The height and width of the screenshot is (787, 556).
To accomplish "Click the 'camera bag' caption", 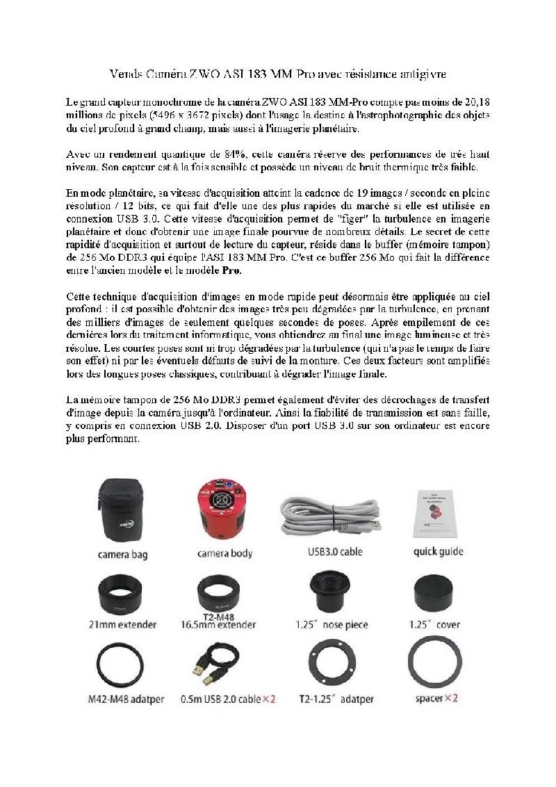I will coord(124,555).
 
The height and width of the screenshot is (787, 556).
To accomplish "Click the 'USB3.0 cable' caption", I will coord(334,552).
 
